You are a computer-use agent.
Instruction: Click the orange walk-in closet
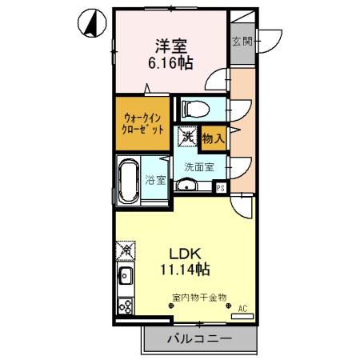(142, 123)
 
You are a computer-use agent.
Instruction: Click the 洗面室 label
(198, 167)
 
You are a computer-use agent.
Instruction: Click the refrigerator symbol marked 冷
(126, 250)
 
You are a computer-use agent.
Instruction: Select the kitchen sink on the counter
(126, 280)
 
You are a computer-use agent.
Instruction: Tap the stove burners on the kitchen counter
(126, 306)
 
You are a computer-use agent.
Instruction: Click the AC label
(243, 307)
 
